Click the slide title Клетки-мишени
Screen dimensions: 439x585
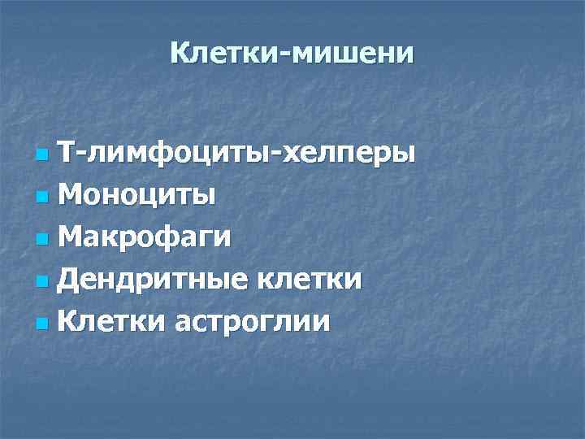292,54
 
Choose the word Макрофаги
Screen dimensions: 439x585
145,237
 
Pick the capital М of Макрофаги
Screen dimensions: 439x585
73,237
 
